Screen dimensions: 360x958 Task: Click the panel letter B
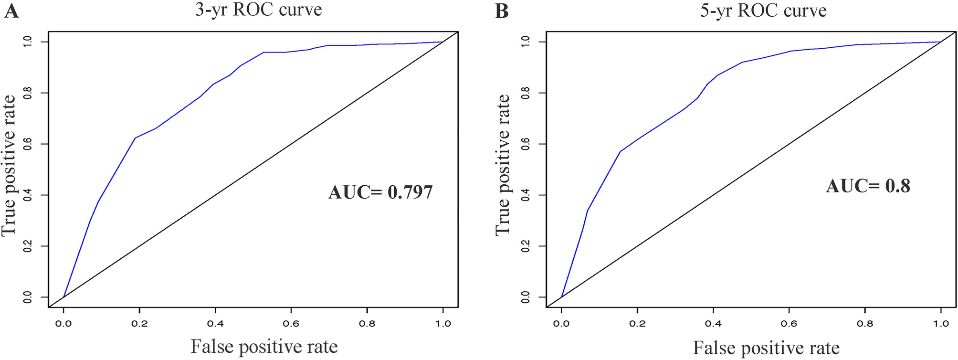(x=502, y=11)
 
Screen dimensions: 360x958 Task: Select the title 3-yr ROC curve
(x=258, y=10)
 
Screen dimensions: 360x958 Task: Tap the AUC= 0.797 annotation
(x=380, y=192)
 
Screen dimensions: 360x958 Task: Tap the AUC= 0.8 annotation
(x=868, y=186)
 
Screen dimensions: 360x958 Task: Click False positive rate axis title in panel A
(x=264, y=346)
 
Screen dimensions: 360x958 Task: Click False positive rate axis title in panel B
(x=766, y=348)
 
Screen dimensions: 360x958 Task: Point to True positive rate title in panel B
(x=503, y=165)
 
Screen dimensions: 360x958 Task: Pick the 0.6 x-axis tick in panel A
(x=291, y=324)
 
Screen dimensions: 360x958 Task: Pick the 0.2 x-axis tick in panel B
(x=637, y=324)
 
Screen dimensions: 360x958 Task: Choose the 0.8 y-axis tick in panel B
(x=526, y=93)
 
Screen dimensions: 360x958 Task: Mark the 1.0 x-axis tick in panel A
(x=443, y=324)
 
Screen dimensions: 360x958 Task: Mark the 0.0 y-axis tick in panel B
(x=526, y=297)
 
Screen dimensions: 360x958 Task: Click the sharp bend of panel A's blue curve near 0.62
(x=135, y=138)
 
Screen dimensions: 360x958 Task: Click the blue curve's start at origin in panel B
(x=561, y=296)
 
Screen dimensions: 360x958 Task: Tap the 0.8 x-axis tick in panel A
(x=367, y=324)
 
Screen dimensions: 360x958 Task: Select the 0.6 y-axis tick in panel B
(x=526, y=144)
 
